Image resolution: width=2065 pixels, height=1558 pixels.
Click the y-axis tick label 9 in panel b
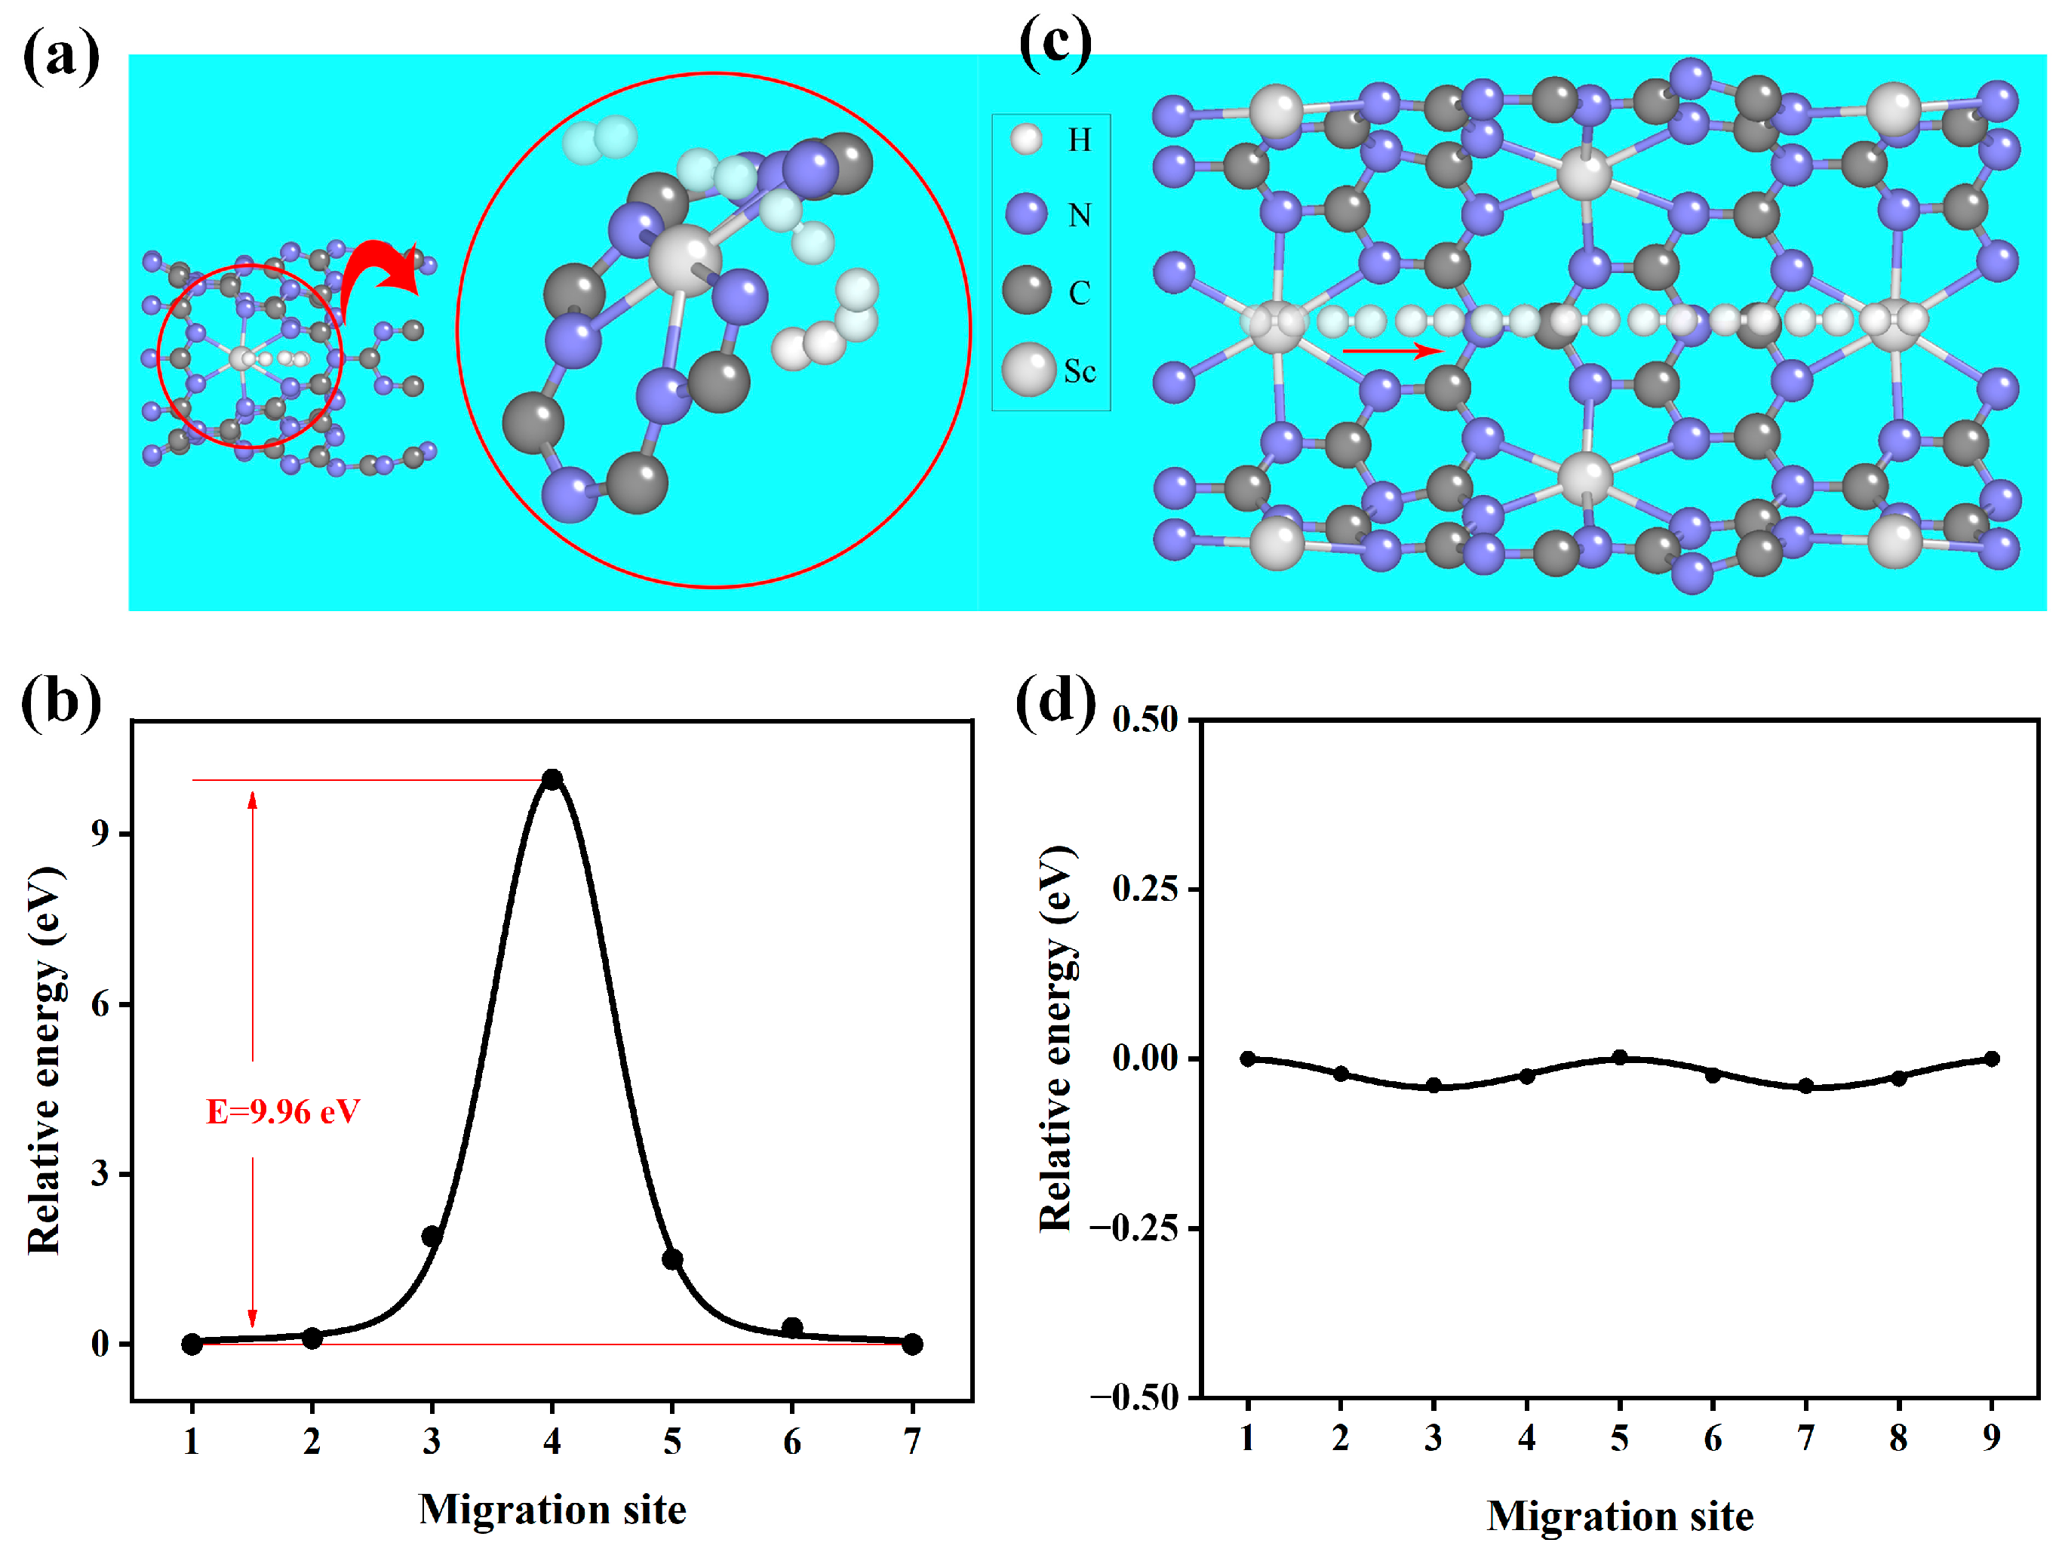[x=100, y=833]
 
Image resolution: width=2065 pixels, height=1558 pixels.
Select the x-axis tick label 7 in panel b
[x=912, y=1443]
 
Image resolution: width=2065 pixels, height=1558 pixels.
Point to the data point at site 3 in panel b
[x=432, y=1236]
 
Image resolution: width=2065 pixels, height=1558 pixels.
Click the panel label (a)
[x=60, y=56]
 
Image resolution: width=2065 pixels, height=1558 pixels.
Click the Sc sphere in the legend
[x=1028, y=370]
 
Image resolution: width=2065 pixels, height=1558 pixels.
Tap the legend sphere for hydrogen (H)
[x=1026, y=139]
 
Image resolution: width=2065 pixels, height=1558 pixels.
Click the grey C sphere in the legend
[x=1027, y=290]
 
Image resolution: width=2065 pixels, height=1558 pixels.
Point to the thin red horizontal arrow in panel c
[x=1392, y=351]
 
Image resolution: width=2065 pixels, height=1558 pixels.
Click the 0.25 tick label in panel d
[x=1145, y=888]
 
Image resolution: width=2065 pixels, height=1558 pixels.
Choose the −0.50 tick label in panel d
[x=1133, y=1397]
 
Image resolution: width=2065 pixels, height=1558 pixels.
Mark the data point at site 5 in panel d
[x=1620, y=1058]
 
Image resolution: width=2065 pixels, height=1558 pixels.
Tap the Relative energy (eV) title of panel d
[x=1057, y=1038]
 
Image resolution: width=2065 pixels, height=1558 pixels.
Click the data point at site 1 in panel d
[x=1248, y=1059]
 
